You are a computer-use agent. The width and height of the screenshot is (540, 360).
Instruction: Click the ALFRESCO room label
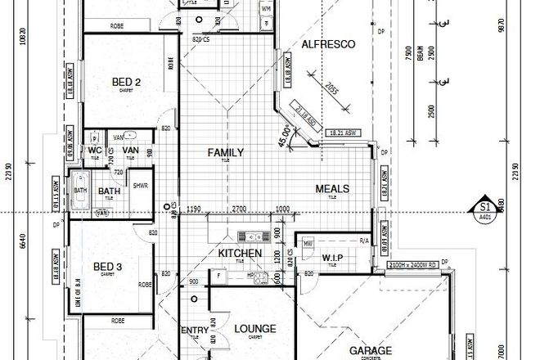pyautogui.click(x=329, y=45)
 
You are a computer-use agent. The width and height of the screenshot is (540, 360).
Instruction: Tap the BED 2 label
pyautogui.click(x=127, y=81)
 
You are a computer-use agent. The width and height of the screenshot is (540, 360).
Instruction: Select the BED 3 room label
pyautogui.click(x=107, y=267)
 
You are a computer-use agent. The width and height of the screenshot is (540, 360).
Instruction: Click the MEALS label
pyautogui.click(x=333, y=189)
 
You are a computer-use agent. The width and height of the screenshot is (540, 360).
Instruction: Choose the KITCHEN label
pyautogui.click(x=240, y=254)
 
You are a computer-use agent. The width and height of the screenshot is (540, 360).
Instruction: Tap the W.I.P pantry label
pyautogui.click(x=332, y=258)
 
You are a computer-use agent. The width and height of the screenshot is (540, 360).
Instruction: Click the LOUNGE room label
pyautogui.click(x=254, y=329)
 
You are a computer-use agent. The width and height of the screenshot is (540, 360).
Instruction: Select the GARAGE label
pyautogui.click(x=370, y=350)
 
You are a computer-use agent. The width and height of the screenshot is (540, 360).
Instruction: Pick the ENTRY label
pyautogui.click(x=194, y=330)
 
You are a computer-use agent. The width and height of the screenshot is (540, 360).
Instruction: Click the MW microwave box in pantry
pyautogui.click(x=308, y=243)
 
